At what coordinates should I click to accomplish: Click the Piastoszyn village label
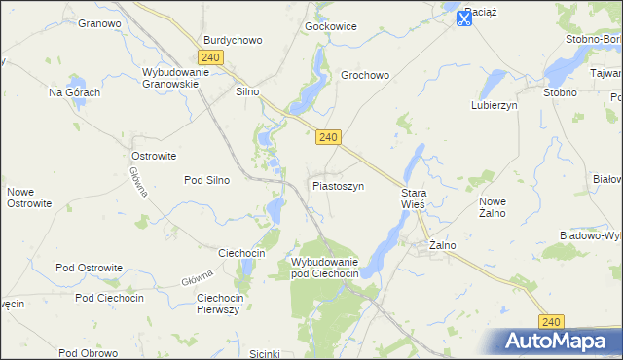click(338, 185)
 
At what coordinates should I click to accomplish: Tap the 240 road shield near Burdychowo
click(211, 57)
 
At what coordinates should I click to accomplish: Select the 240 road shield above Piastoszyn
click(328, 138)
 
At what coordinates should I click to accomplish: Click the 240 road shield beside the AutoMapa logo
click(552, 321)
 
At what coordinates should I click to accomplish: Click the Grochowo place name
click(365, 75)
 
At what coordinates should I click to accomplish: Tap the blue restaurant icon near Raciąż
click(464, 18)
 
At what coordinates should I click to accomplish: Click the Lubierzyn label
click(494, 104)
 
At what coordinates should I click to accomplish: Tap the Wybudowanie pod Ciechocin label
click(325, 269)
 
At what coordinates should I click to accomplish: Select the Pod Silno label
click(206, 180)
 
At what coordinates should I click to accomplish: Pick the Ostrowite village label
click(153, 155)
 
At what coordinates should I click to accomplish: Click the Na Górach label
click(75, 92)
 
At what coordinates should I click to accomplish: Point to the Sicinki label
click(265, 353)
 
